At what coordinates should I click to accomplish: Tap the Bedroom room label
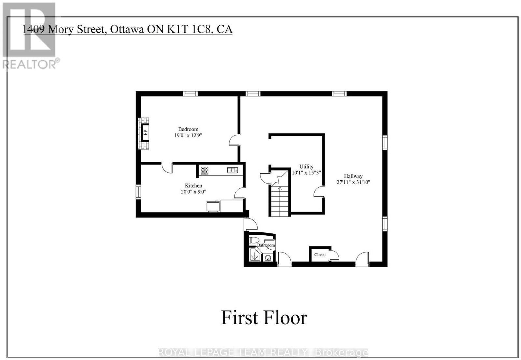coord(188,129)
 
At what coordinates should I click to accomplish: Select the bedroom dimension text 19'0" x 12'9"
coord(188,135)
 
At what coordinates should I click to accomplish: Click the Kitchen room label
coord(193,186)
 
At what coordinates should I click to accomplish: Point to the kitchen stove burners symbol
coord(205,171)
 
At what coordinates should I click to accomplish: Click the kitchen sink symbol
coord(232,170)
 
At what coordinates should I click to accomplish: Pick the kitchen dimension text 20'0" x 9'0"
coord(193,192)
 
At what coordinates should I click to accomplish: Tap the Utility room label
coord(306,167)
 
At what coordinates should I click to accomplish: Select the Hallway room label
coord(353,176)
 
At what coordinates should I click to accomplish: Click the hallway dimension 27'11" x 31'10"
coord(353,182)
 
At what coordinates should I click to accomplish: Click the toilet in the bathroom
coord(253,240)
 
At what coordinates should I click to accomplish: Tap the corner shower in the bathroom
coord(255,255)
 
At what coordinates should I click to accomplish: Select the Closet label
coord(320,255)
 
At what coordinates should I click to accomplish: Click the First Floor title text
coord(264,318)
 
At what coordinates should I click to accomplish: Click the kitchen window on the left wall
coord(138,192)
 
